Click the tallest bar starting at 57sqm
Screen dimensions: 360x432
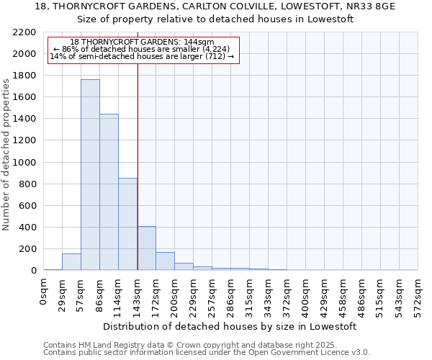coord(90,175)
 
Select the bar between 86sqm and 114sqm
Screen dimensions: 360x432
coord(109,192)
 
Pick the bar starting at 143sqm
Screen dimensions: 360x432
coord(146,248)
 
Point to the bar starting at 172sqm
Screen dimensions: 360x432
coord(165,261)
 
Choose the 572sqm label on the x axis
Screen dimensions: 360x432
coord(418,295)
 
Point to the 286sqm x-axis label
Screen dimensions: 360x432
coord(231,295)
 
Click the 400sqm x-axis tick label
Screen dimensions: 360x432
coord(306,295)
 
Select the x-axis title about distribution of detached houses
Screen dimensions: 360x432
coord(230,326)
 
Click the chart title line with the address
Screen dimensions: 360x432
coord(215,6)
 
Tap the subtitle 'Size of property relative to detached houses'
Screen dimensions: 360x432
coord(215,19)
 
